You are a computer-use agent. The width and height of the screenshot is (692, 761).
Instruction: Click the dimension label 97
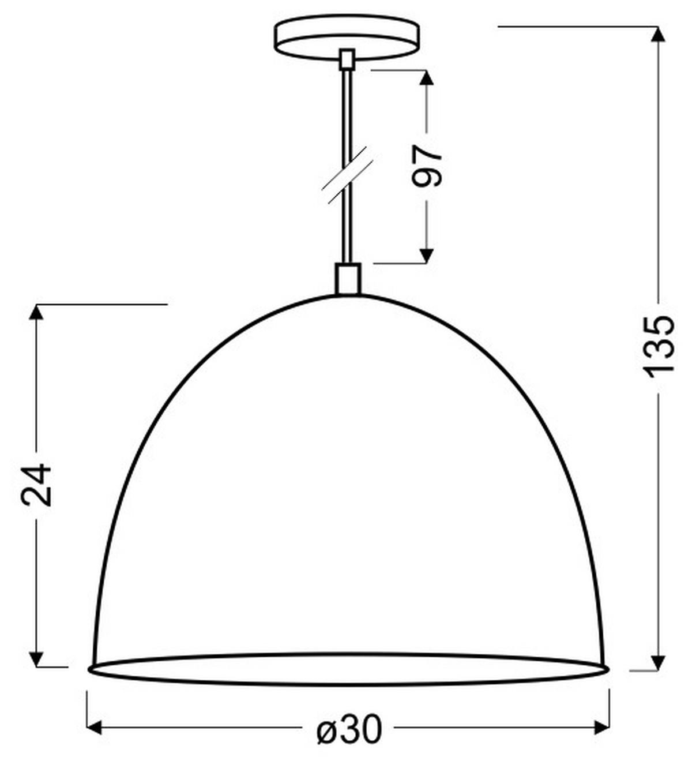[427, 166]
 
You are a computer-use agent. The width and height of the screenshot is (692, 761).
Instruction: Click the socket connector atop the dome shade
[347, 279]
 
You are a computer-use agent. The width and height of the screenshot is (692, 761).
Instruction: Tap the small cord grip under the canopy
[347, 59]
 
